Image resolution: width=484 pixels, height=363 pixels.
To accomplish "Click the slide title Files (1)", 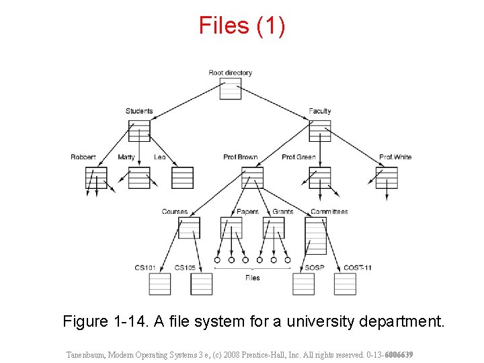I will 242,26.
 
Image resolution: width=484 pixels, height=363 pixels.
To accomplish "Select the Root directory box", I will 231,89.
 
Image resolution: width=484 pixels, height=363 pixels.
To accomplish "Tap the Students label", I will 139,111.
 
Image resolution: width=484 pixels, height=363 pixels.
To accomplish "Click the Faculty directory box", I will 320,130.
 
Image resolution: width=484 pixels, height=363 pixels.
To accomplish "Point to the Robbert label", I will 83,157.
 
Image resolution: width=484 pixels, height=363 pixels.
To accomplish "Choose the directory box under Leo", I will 182,177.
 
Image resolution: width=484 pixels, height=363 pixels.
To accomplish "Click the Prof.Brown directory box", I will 252,177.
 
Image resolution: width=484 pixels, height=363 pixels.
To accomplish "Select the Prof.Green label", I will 298,157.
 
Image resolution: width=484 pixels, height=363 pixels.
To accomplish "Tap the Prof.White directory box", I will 387,177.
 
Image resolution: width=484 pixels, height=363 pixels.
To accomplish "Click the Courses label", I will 175,212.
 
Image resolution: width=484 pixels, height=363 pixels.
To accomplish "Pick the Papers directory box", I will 231,227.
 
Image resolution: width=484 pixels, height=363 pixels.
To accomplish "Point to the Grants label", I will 283,212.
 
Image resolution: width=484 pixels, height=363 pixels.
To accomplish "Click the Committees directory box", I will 315,235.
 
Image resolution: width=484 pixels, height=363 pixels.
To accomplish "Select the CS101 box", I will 159,284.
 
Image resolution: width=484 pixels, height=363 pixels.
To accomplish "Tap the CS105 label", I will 185,268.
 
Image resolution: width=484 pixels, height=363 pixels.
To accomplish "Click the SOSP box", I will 303,284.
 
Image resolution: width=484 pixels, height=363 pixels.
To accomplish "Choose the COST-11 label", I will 358,268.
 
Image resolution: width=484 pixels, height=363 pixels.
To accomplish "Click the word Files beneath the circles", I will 252,278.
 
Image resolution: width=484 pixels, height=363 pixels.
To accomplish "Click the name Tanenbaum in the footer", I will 85,354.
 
